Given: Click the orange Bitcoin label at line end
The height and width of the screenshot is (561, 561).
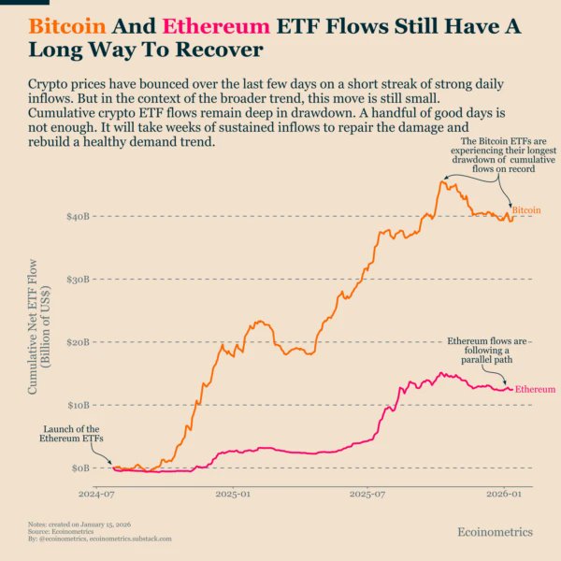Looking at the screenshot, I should pos(526,211).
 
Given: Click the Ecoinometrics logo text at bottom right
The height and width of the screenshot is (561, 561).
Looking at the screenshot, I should pos(495,532).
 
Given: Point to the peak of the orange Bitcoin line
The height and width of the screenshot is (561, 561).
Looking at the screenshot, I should pos(442,180).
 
